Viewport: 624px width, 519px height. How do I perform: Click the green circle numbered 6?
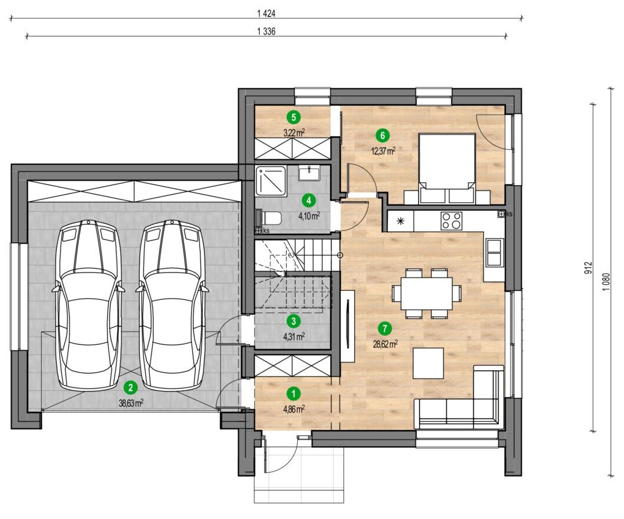pyautogui.click(x=383, y=136)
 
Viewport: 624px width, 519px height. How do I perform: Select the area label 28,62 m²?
pyautogui.click(x=385, y=344)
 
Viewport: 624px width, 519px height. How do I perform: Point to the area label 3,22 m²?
pyautogui.click(x=294, y=132)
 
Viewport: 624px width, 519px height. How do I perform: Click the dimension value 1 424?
pyautogui.click(x=266, y=14)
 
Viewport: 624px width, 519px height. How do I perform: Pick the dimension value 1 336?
pyautogui.click(x=266, y=32)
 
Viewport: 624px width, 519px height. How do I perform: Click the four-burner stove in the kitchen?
pyautogui.click(x=452, y=220)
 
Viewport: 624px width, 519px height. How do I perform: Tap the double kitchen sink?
pyautogui.click(x=494, y=252)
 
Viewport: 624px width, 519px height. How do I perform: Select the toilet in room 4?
pyautogui.click(x=269, y=218)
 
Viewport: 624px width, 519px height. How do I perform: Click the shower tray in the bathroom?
pyautogui.click(x=271, y=180)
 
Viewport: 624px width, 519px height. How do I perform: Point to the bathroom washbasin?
pyautogui.click(x=309, y=173)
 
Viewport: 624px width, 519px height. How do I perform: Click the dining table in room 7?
pyautogui.click(x=426, y=293)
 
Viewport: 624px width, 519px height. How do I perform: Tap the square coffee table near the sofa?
pyautogui.click(x=428, y=363)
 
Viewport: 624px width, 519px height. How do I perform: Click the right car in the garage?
pyautogui.click(x=172, y=305)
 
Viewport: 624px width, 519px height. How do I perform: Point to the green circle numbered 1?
pyautogui.click(x=294, y=394)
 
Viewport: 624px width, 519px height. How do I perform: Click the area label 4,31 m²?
pyautogui.click(x=294, y=336)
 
